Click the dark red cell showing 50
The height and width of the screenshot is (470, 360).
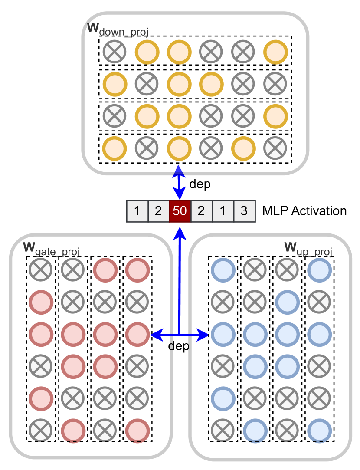(180, 211)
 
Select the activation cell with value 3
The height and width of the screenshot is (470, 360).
(244, 211)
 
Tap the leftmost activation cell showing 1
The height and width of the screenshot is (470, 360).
(137, 211)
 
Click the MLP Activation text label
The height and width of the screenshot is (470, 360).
(304, 211)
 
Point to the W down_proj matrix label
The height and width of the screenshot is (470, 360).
(118, 29)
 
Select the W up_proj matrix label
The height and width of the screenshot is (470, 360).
(308, 249)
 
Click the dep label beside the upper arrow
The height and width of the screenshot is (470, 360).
(200, 184)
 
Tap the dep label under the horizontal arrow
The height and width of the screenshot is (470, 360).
(179, 347)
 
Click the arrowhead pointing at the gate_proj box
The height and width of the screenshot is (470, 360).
(154, 335)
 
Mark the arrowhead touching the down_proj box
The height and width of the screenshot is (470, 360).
(178, 170)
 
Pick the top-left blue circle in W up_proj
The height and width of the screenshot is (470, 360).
(223, 270)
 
